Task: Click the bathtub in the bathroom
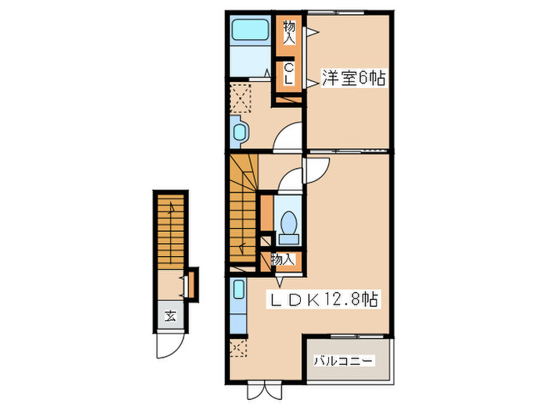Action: [x=250, y=30]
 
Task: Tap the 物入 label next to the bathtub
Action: [x=288, y=32]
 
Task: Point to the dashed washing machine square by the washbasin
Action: [x=239, y=98]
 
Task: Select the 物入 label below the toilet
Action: [x=283, y=259]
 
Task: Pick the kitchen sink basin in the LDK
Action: [x=239, y=295]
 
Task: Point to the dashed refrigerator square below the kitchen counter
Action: [x=239, y=349]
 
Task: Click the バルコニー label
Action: [x=345, y=361]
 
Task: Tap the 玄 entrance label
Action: [x=169, y=316]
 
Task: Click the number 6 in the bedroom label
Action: [x=366, y=78]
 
